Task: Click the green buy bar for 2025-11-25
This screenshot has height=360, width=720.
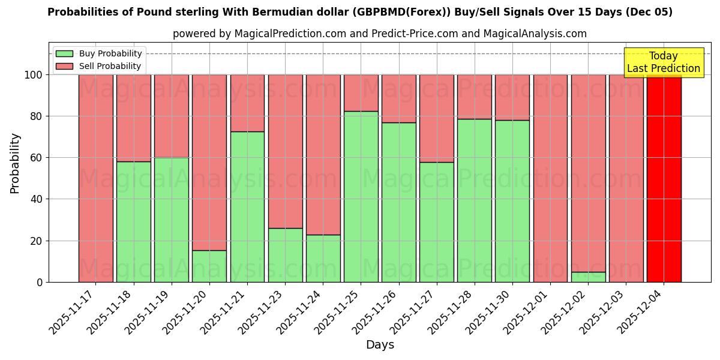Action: [361, 197]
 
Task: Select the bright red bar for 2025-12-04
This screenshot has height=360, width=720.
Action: [664, 179]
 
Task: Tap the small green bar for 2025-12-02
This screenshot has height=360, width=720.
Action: [588, 277]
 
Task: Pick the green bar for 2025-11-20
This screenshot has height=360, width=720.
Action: [209, 266]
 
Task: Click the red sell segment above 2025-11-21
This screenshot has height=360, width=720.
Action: [247, 103]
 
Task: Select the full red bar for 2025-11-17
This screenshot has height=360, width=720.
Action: [95, 179]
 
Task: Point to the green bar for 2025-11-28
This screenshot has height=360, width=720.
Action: [475, 200]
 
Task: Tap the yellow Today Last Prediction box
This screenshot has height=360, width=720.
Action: [663, 62]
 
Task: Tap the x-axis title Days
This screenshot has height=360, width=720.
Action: [380, 345]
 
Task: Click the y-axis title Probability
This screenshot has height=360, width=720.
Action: [16, 163]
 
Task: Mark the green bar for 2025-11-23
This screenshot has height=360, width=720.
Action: [285, 255]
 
